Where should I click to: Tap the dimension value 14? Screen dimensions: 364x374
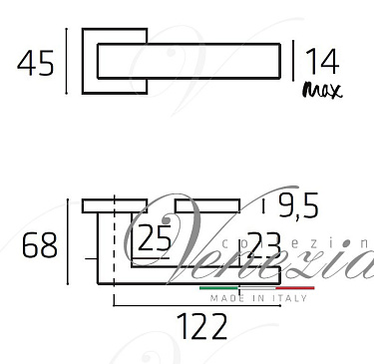coord(322,62)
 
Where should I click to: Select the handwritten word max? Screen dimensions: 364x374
coord(321,91)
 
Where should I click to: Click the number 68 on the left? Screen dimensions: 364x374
coord(40,245)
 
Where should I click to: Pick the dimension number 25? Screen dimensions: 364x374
coord(154,238)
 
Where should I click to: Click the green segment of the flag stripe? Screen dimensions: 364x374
coord(218,287)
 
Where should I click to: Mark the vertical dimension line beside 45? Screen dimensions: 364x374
coord(67,62)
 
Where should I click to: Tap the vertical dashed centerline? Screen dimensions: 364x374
coord(117,249)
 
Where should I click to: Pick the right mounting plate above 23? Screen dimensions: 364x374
coord(208,204)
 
